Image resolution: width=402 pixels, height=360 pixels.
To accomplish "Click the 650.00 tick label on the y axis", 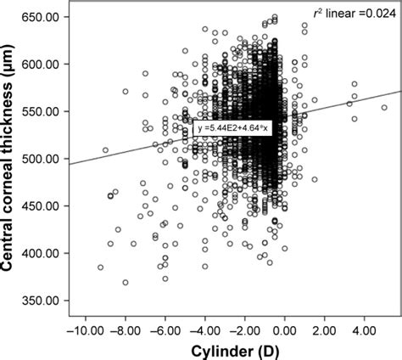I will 43,17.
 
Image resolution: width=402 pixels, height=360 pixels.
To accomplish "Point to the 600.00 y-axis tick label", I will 43,65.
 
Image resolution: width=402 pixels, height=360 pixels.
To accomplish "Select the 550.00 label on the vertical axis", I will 43,111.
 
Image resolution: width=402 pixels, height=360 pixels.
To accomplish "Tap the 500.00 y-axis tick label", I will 43,159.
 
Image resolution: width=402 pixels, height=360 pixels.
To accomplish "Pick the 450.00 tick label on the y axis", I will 43,205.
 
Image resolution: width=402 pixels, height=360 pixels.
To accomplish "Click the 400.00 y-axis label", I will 43,253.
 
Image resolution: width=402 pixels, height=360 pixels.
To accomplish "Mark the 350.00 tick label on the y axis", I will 43,300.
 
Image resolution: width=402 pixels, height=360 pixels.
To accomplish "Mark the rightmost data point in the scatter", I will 384,108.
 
